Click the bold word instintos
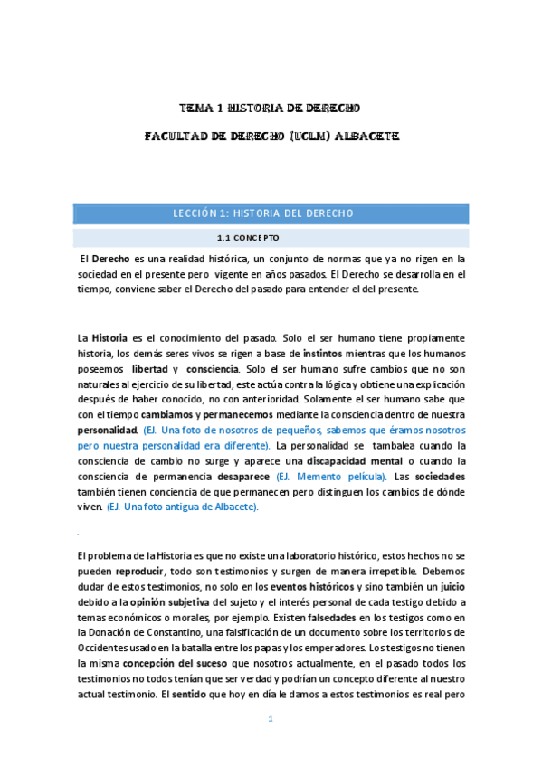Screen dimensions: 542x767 coord(328,353)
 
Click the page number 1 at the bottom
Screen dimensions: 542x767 coord(270,719)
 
